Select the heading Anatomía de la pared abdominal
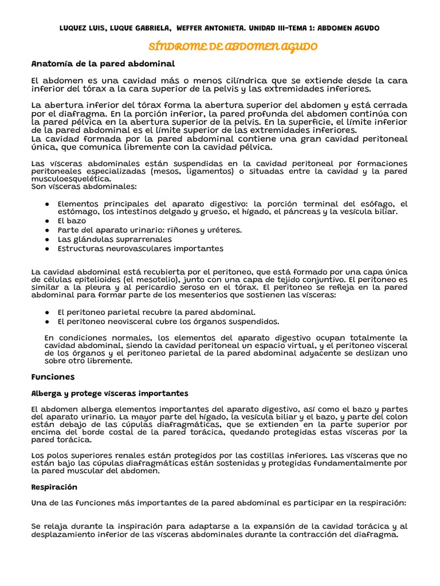click(x=103, y=63)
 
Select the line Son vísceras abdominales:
click(x=84, y=187)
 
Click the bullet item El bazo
click(x=72, y=220)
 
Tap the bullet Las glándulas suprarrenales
click(x=115, y=239)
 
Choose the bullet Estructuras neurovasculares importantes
click(x=140, y=248)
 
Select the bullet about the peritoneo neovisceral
click(x=168, y=321)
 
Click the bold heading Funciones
click(x=53, y=377)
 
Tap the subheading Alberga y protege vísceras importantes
click(x=109, y=394)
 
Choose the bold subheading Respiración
click(x=54, y=487)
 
